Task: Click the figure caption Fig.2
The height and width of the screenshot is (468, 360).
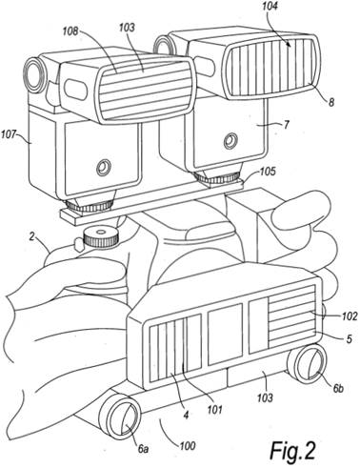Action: (x=292, y=450)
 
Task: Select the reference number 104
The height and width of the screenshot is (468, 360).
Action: (x=269, y=7)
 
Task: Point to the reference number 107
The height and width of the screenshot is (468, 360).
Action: (x=9, y=134)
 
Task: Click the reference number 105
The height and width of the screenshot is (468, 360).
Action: (x=267, y=172)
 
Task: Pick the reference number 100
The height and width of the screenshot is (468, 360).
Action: (x=187, y=446)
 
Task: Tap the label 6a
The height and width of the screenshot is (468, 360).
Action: (x=143, y=449)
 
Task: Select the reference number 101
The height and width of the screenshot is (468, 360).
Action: (x=215, y=410)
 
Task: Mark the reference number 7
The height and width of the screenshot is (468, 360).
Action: (x=286, y=125)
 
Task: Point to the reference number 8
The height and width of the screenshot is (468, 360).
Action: (x=331, y=103)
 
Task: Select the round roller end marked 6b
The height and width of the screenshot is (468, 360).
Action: (x=307, y=362)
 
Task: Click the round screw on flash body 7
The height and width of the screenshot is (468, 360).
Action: (x=230, y=141)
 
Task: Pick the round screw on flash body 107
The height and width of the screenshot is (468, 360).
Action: (x=104, y=168)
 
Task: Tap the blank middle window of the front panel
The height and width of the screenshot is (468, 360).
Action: (x=225, y=334)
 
